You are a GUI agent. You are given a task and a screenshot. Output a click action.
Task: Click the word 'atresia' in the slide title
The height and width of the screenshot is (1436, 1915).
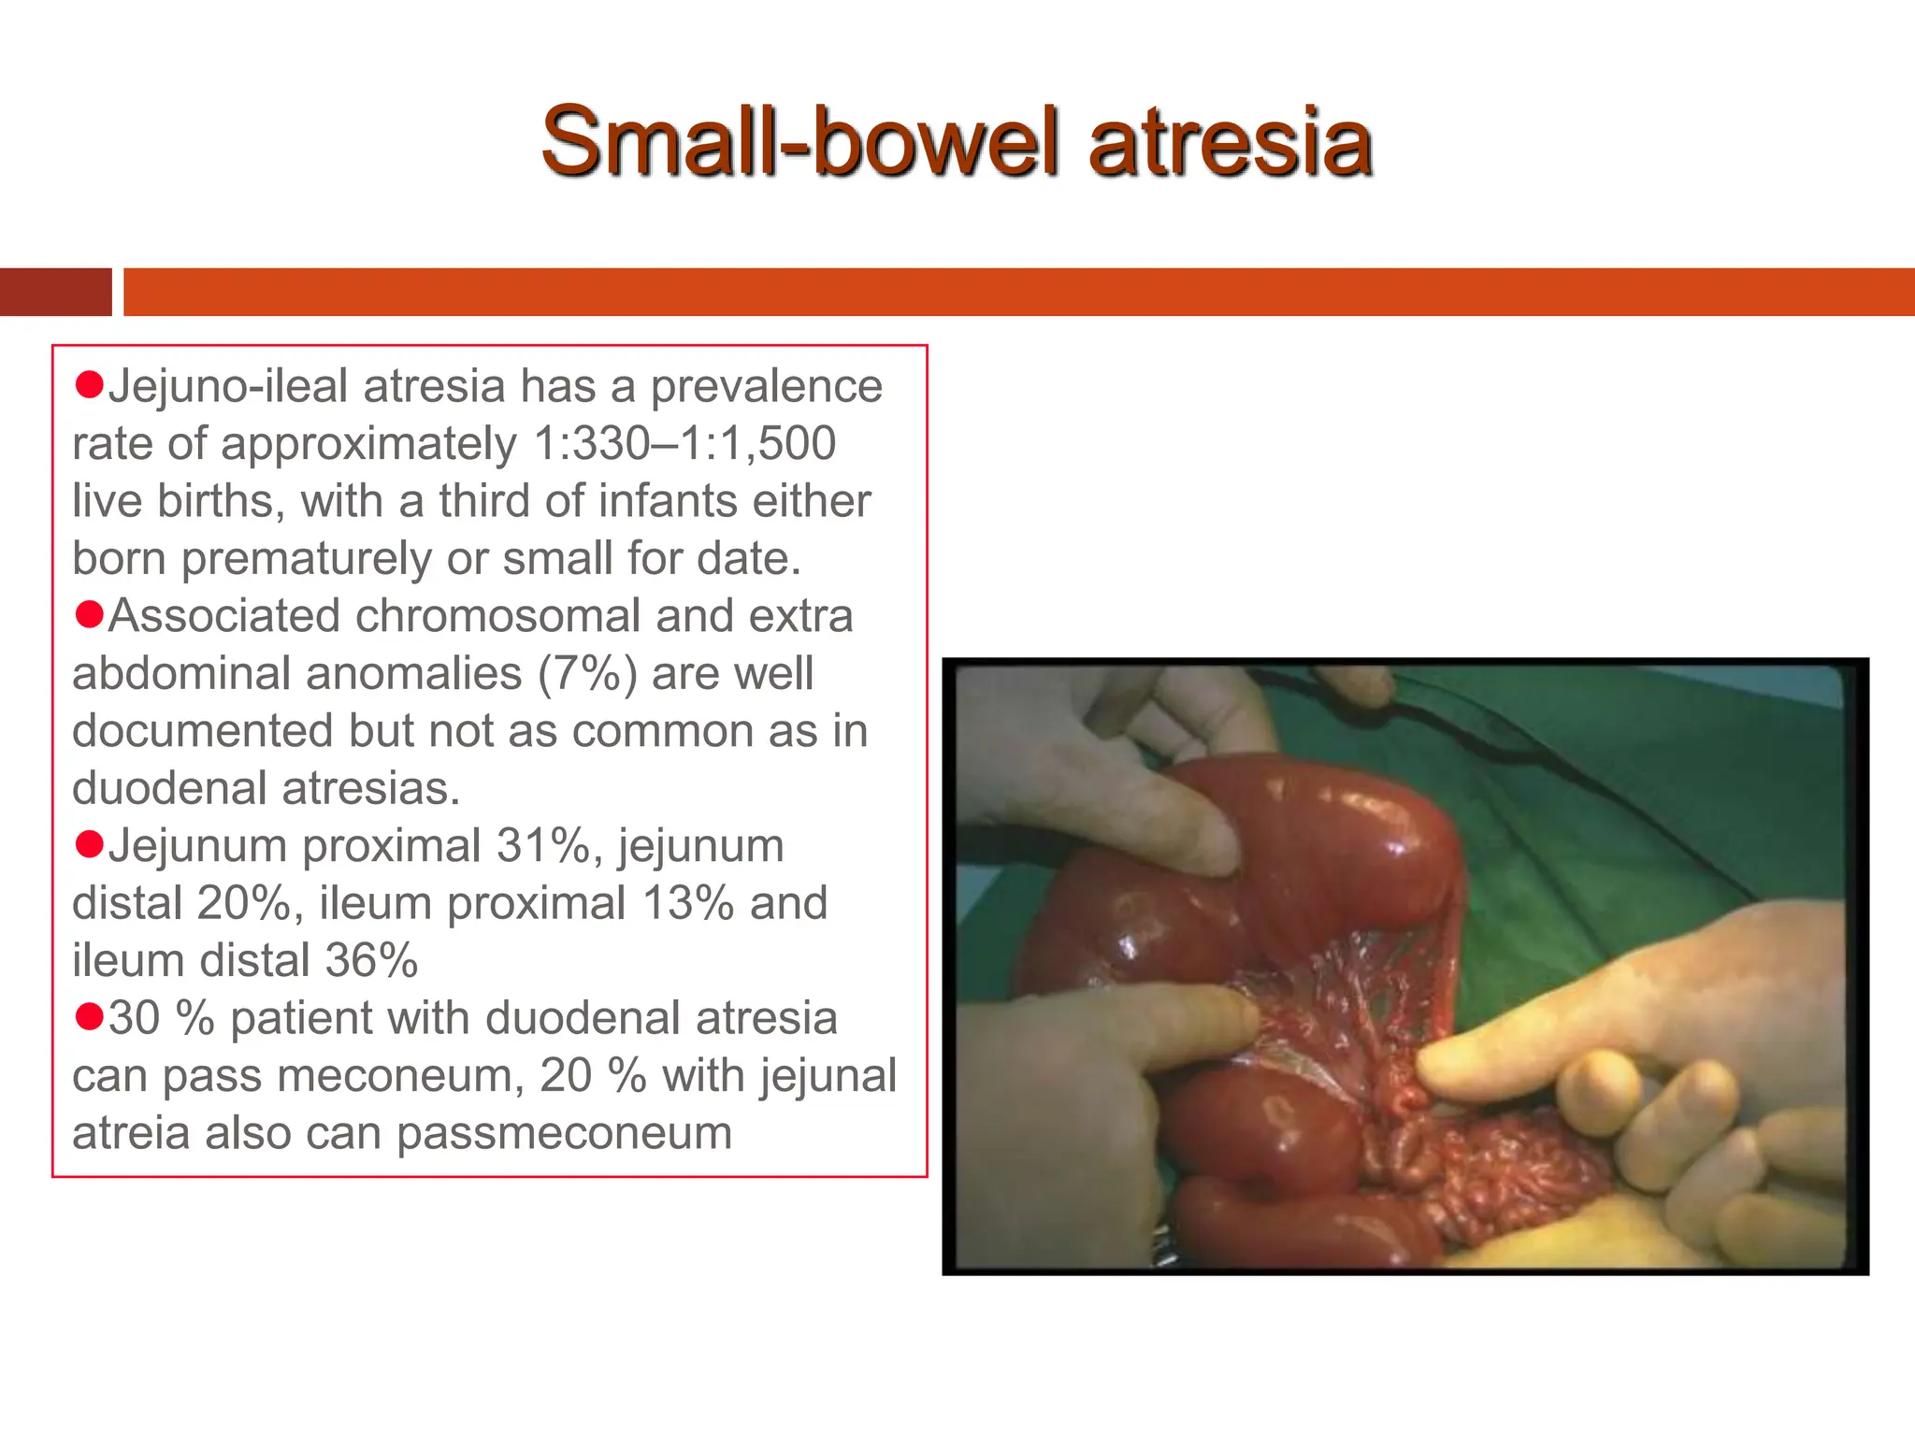[x=1231, y=142]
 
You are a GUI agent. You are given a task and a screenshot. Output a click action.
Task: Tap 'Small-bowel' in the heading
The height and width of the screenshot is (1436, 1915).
[x=801, y=142]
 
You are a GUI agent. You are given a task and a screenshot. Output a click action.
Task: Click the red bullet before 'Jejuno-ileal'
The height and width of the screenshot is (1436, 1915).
[x=89, y=384]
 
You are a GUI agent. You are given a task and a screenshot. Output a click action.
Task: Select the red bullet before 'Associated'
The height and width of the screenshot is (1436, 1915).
[x=89, y=614]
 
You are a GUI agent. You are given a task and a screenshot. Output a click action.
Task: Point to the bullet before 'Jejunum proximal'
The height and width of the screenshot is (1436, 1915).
[x=89, y=844]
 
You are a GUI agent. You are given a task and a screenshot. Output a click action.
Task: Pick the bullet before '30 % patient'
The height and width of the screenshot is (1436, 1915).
[x=89, y=1016]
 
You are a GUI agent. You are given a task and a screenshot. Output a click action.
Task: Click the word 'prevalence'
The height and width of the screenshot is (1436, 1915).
[x=766, y=387]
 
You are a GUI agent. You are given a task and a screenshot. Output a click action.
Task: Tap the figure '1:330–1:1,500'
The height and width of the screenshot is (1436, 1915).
[x=684, y=444]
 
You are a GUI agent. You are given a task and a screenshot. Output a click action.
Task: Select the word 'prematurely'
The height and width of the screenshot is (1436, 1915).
[x=306, y=559]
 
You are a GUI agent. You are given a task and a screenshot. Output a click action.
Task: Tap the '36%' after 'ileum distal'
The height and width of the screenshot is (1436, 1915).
[x=371, y=961]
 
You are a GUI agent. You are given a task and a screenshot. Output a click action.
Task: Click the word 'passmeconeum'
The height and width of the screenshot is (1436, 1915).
[x=564, y=1134]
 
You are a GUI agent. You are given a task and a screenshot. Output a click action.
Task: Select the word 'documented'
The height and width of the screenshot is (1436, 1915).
[x=202, y=731]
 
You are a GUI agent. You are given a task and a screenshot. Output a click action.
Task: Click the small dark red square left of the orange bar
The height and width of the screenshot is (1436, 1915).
[x=55, y=292]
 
